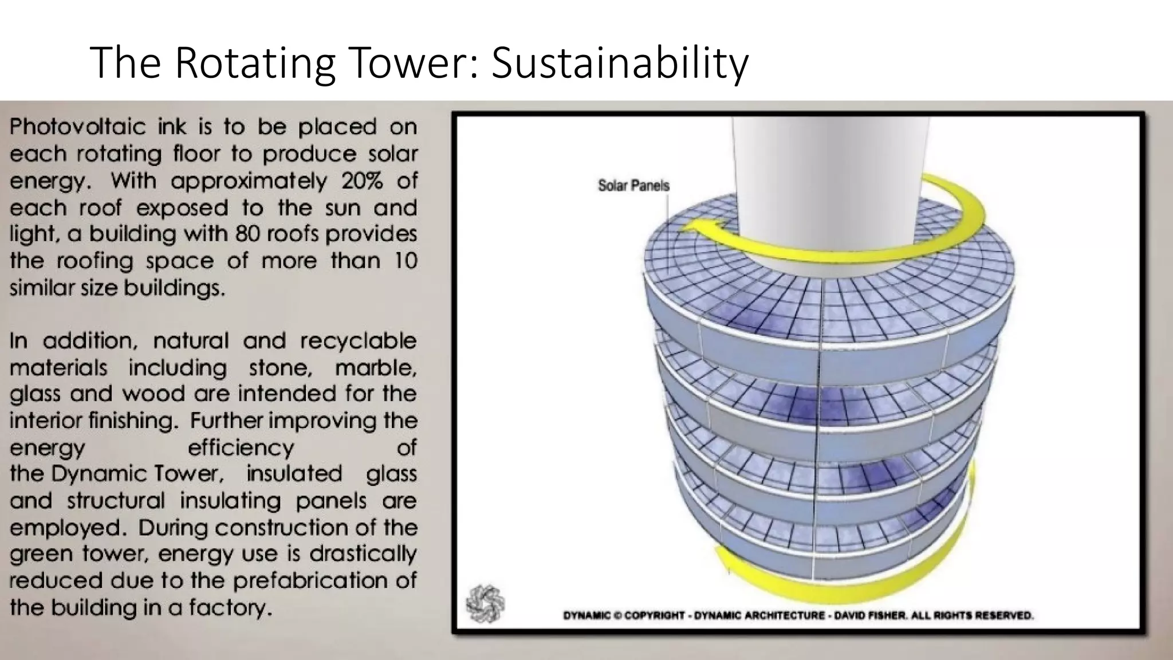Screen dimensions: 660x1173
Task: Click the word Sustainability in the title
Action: point(620,63)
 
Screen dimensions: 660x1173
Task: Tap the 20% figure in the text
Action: point(362,181)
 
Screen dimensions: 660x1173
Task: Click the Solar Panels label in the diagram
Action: point(633,186)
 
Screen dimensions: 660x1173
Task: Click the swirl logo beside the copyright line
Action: point(485,603)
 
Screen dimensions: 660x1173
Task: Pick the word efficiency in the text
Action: point(241,447)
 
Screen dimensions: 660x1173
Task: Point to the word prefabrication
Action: point(310,580)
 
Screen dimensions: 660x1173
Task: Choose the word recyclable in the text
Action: point(358,341)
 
